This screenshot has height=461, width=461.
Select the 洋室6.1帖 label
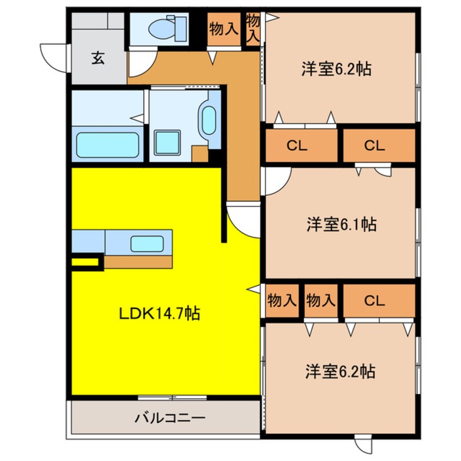pyautogui.click(x=341, y=224)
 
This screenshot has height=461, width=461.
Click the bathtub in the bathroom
pyautogui.click(x=107, y=145)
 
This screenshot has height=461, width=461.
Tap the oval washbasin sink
pyautogui.click(x=209, y=119)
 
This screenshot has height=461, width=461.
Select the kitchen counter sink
pyautogui.click(x=147, y=243)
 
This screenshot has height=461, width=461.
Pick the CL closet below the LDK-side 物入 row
pyautogui.click(x=376, y=300)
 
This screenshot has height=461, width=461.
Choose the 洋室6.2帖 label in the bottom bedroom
pyautogui.click(x=339, y=372)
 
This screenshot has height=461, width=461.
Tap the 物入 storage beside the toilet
pyautogui.click(x=223, y=28)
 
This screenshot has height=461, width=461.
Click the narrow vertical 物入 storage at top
pyautogui.click(x=252, y=28)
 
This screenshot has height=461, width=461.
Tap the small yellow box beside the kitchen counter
pyautogui.click(x=86, y=263)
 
